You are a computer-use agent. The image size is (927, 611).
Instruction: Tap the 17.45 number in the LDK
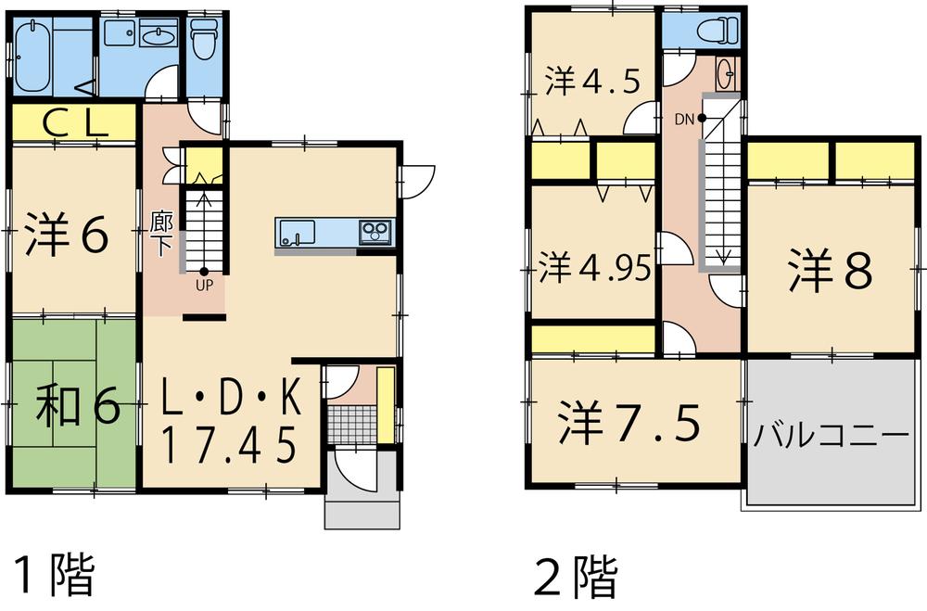[230, 443]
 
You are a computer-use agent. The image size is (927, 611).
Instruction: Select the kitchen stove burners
[375, 229]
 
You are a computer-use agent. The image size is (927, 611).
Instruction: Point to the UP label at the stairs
[204, 285]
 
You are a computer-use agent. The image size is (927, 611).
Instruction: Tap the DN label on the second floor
[685, 118]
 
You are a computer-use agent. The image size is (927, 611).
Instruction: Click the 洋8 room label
[830, 271]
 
